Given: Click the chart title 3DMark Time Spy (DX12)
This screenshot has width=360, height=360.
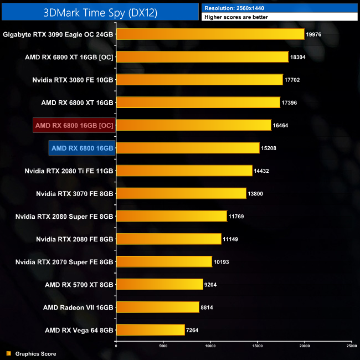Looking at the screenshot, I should click(100, 11).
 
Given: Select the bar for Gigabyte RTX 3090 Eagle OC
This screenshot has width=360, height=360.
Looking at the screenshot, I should click(210, 34).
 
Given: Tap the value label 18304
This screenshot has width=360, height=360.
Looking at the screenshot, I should click(298, 57).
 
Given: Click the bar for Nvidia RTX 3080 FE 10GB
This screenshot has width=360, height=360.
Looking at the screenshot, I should click(199, 80).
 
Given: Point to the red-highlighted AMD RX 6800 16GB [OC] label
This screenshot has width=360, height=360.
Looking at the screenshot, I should click(74, 126).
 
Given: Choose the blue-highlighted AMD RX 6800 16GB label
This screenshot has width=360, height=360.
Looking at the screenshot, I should click(82, 148).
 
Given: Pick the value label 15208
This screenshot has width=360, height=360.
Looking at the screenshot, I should click(269, 148).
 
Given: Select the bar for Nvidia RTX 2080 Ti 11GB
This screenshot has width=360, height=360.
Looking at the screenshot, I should click(184, 171).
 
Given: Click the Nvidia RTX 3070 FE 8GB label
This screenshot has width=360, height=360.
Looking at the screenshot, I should click(74, 193).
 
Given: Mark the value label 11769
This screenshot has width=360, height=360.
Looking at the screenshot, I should click(237, 216).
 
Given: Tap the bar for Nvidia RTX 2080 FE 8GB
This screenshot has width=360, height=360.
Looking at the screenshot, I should click(168, 239).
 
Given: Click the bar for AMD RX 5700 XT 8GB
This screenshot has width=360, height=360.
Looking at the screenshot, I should click(160, 285).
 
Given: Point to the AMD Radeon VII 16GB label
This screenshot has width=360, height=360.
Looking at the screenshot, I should click(78, 307).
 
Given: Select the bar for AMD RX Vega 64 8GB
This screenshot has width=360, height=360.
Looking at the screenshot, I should click(150, 330).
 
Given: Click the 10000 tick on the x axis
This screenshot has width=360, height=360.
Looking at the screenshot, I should click(210, 347).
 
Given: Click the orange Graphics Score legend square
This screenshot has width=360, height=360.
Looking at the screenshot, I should click(8, 353).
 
